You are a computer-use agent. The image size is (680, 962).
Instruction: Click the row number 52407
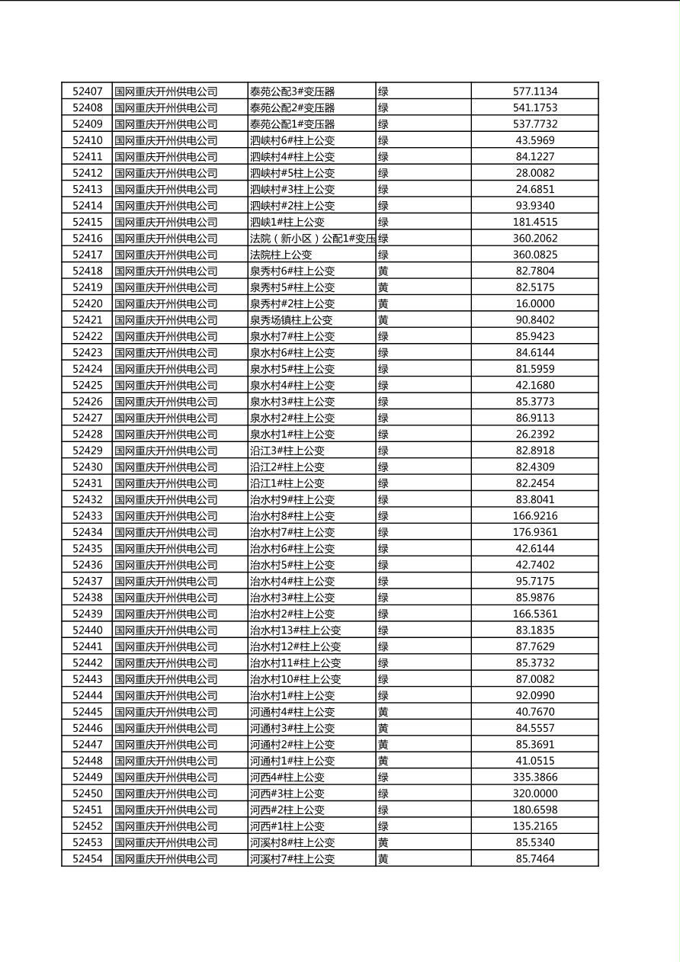click(x=87, y=91)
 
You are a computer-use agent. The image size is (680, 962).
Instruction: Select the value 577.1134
click(x=534, y=91)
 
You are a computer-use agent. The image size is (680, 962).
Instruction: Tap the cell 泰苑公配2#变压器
click(x=292, y=108)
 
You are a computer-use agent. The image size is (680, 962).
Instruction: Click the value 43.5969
click(x=534, y=140)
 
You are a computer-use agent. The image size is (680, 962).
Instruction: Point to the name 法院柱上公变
click(x=281, y=255)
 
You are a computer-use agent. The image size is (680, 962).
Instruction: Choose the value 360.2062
click(x=534, y=239)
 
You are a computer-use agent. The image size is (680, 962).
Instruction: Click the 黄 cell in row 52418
click(x=383, y=271)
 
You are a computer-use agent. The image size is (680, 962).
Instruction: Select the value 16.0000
click(x=534, y=303)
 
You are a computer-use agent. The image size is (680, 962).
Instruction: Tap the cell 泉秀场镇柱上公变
click(x=290, y=320)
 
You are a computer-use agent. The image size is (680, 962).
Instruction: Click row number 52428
click(x=87, y=435)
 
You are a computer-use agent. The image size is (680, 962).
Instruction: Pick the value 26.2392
click(x=534, y=435)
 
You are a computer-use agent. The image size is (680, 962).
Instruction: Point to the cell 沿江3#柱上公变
click(x=287, y=451)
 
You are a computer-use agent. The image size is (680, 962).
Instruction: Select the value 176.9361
click(x=534, y=532)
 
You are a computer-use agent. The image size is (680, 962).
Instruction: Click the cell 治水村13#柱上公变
click(x=295, y=630)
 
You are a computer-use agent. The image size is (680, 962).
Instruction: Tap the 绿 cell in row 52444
click(x=383, y=695)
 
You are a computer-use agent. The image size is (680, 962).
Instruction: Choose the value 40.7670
click(x=534, y=712)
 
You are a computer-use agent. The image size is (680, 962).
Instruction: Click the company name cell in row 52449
click(x=166, y=778)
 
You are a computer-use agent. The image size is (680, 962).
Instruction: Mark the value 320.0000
click(x=534, y=794)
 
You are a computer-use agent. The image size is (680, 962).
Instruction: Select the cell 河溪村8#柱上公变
click(x=292, y=842)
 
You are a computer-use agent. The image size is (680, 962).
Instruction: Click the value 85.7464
click(x=534, y=859)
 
